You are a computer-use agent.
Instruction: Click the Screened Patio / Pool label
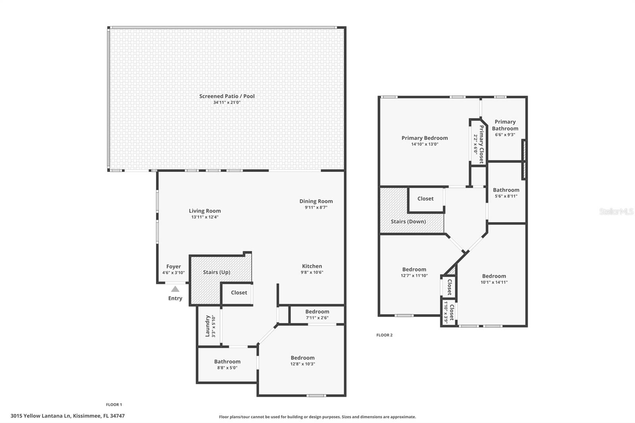227,96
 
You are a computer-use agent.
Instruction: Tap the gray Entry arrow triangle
175,289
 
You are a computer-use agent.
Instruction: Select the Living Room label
204,211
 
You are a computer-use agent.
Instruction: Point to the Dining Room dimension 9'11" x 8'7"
316,208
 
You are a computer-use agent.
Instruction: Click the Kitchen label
312,266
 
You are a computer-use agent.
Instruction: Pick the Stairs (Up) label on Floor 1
216,272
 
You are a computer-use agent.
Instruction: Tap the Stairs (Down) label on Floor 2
408,221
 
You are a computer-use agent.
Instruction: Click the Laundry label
207,326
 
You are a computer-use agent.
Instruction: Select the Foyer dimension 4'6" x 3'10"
173,273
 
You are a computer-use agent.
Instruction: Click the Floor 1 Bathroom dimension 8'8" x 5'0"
227,368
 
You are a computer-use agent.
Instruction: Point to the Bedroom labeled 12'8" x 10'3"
302,358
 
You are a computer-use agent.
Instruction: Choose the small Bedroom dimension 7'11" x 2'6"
317,317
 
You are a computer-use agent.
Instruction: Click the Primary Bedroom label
424,138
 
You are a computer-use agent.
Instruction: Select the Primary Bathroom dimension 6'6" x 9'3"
505,135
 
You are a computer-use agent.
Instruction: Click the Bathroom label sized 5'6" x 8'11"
506,190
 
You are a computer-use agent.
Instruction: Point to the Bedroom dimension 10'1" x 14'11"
494,283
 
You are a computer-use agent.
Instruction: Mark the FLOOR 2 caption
384,335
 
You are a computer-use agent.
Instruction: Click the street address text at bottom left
67,416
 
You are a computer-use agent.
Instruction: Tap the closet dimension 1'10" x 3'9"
446,312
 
